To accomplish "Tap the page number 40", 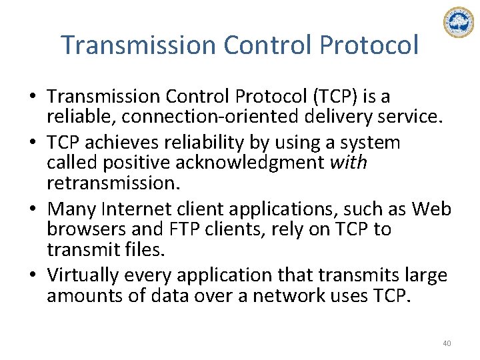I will click(x=447, y=343).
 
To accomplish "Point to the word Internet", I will click(x=133, y=209).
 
